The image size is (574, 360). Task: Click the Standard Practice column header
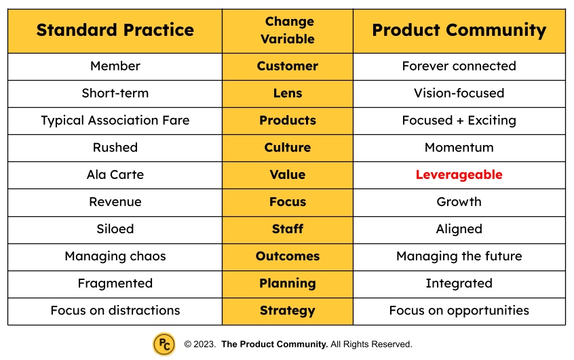[115, 31]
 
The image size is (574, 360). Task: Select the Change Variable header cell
[288, 31]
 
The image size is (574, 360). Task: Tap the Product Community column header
[459, 31]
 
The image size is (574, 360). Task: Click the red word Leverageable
[459, 175]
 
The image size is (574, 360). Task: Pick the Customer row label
[288, 66]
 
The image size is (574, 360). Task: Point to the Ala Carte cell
[115, 175]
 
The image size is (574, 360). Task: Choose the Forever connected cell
[459, 66]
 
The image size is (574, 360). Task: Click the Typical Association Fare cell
[115, 121]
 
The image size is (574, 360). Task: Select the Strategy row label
[288, 311]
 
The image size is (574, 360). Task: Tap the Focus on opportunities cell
[459, 311]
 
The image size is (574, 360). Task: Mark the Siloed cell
[115, 229]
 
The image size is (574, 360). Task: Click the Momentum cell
[459, 148]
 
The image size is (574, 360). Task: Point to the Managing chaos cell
[115, 256]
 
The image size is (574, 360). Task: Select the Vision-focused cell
[459, 94]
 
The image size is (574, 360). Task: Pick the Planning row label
[288, 283]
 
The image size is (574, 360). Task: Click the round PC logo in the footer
[164, 344]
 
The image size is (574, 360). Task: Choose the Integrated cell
[459, 283]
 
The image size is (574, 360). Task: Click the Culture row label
[288, 148]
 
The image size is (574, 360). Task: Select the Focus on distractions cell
[115, 311]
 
